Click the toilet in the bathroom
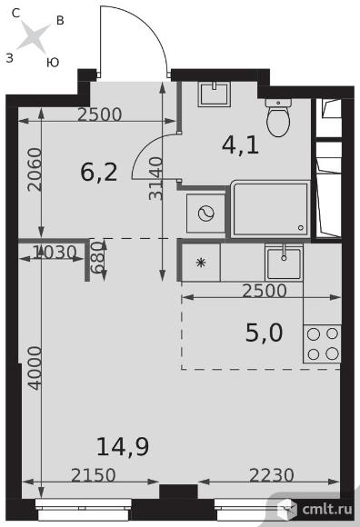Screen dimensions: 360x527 point(278,117)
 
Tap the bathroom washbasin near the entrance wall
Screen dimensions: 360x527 point(214,94)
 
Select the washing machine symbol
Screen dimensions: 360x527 point(206,214)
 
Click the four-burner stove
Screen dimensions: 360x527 point(323,343)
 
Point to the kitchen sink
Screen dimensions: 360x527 point(284,263)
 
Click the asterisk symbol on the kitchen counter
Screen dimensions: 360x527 point(201,263)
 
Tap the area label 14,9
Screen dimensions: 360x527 point(123,447)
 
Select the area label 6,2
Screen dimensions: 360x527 point(99,173)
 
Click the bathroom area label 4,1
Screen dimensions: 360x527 point(240,146)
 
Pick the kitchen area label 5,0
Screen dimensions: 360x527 point(265,333)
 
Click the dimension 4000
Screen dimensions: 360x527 point(35,368)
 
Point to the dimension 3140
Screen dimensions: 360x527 point(155,178)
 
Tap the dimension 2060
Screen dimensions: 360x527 point(35,170)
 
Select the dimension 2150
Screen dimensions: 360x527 point(94,475)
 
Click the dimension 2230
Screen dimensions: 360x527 point(272,475)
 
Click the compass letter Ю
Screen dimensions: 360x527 point(53,62)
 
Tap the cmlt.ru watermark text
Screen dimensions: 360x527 point(327,509)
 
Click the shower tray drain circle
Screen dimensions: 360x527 point(301,228)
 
